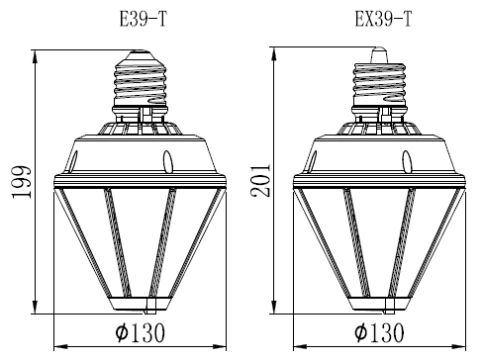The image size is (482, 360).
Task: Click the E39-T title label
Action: pyautogui.click(x=144, y=20)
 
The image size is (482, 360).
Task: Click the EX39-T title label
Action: pyautogui.click(x=383, y=20)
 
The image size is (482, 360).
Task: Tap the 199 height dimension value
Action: pyautogui.click(x=22, y=182)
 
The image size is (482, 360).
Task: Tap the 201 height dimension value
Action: pyautogui.click(x=260, y=180)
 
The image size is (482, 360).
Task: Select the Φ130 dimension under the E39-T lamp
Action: pyautogui.click(x=141, y=332)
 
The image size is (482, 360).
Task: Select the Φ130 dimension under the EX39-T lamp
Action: pyautogui.click(x=379, y=332)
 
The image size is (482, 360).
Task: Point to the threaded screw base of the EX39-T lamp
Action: pyautogui.click(x=379, y=84)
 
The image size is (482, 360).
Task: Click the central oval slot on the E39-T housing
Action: pyautogui.click(x=168, y=161)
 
